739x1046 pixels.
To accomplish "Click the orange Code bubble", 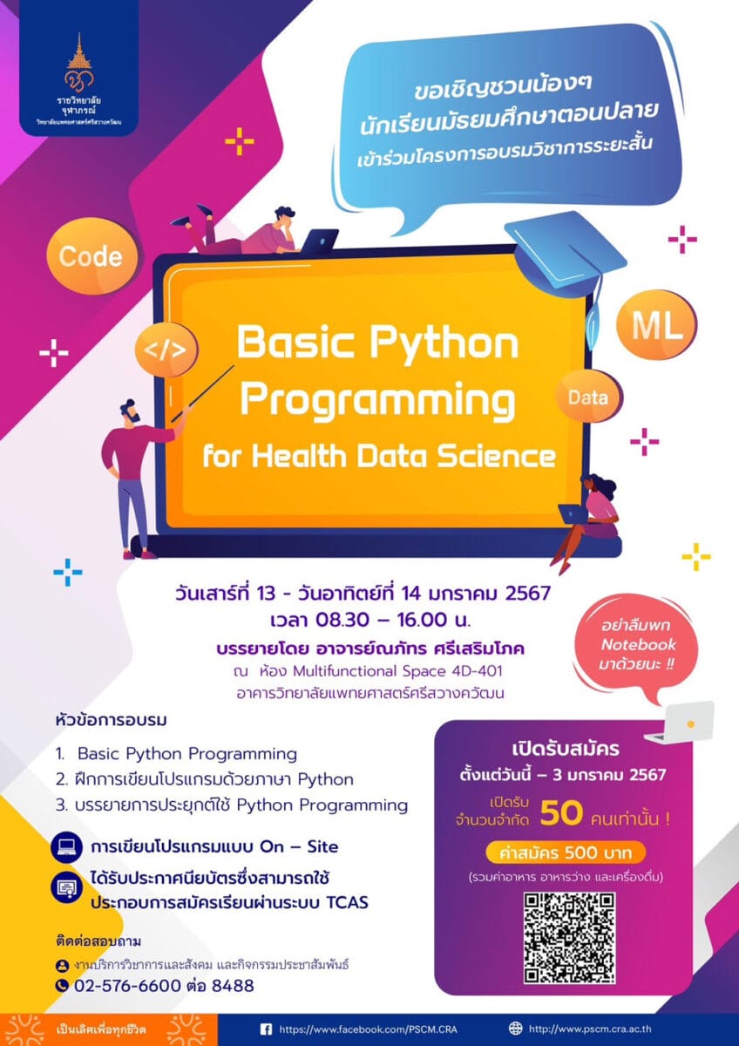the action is pyautogui.click(x=92, y=257).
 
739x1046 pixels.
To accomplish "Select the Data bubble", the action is pyautogui.click(x=588, y=397).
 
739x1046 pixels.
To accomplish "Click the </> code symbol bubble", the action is pyautogui.click(x=166, y=350).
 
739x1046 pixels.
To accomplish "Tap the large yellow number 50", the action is pyautogui.click(x=561, y=813).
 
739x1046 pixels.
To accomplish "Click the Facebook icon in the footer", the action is pyautogui.click(x=266, y=1028).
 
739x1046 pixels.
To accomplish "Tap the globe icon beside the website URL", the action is pyautogui.click(x=515, y=1028).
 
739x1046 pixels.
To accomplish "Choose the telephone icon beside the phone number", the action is pyautogui.click(x=62, y=985).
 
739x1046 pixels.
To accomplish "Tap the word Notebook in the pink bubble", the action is pyautogui.click(x=638, y=644).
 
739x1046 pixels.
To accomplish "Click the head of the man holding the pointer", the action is pyautogui.click(x=130, y=411).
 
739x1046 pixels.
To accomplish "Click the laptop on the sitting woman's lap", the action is pyautogui.click(x=573, y=514).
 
